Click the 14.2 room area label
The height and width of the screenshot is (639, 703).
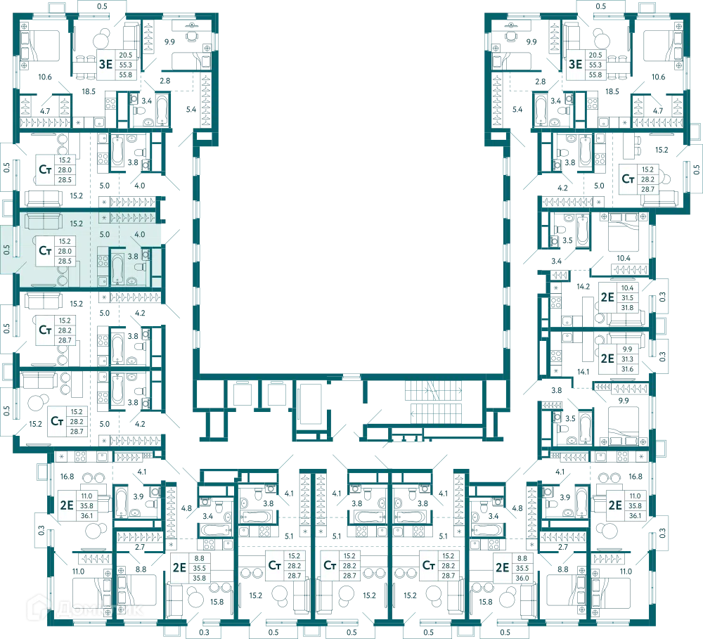point(583,286)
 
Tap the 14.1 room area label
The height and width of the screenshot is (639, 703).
point(583,371)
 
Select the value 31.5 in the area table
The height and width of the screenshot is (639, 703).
point(627,298)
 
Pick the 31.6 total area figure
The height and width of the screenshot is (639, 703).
point(627,369)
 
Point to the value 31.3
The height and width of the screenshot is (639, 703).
point(627,359)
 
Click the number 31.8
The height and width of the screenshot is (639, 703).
point(627,308)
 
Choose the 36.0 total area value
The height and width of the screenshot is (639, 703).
point(522,578)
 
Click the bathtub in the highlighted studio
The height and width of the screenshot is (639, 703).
point(117,269)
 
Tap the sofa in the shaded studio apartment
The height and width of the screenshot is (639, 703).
point(43,221)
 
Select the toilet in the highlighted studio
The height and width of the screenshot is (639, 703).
point(141,267)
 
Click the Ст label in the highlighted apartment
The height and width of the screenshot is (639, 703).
point(45,250)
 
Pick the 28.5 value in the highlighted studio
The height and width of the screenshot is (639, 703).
point(65,261)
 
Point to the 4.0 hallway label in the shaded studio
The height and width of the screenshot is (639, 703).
point(139,234)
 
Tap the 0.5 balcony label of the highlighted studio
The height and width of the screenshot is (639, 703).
point(6,250)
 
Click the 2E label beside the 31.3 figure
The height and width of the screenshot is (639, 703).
point(607,359)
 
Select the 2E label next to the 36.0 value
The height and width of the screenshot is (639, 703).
point(502,568)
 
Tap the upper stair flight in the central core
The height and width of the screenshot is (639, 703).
point(434,391)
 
